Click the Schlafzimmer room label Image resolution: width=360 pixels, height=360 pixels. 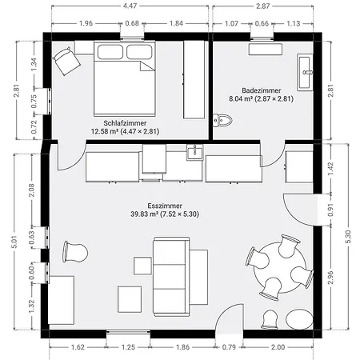125,123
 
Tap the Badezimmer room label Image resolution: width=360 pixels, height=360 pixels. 262,90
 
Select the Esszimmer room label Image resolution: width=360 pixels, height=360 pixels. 165,206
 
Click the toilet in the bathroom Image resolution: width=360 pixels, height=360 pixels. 222,121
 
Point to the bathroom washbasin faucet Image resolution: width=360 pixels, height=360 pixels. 307,72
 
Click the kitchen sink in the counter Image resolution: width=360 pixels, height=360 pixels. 195,153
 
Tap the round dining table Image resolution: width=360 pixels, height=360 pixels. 280,268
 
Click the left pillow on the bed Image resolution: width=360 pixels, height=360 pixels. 110,52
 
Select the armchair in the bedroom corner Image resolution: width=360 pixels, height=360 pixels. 66,61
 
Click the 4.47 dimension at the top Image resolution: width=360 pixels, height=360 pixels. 130,6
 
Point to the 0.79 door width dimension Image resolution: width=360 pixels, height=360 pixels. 229,347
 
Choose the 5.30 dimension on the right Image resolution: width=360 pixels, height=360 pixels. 348,237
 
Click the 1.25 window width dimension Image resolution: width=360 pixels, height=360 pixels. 128,347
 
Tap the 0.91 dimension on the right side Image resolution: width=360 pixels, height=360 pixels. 330,210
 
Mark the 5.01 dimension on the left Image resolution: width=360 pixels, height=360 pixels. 14,242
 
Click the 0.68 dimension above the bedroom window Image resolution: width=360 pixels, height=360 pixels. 132,23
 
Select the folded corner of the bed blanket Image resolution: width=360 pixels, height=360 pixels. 147,66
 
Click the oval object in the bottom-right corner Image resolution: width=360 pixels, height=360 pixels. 299,319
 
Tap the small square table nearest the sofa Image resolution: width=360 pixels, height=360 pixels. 142,266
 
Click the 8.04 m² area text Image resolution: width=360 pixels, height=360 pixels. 241,98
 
